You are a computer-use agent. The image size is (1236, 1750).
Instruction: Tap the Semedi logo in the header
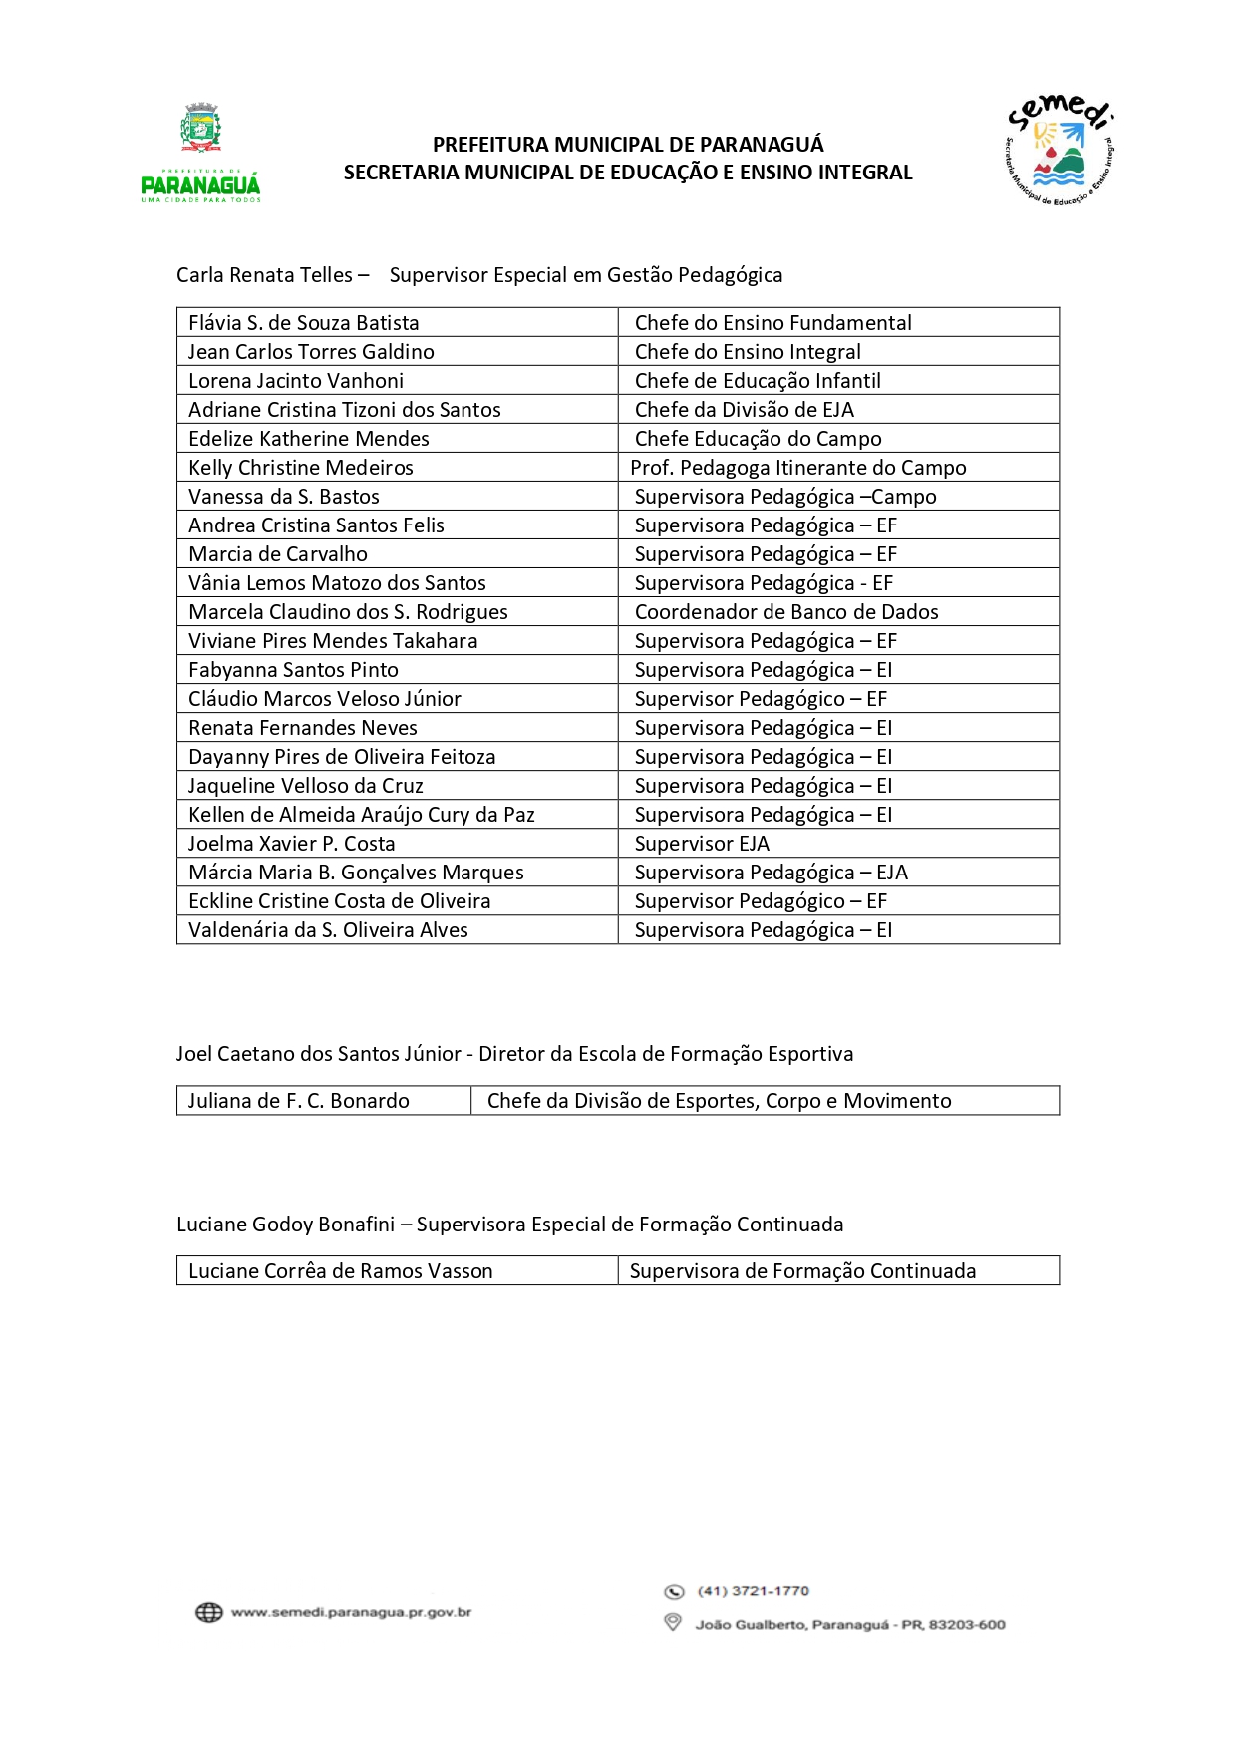[1060, 151]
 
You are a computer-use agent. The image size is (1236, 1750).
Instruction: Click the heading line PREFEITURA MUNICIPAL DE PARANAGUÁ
[628, 145]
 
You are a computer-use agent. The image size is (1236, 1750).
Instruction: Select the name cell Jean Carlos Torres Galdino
[311, 352]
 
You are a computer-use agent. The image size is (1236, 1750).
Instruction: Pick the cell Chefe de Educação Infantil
[758, 381]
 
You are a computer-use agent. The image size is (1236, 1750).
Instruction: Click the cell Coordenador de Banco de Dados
[786, 612]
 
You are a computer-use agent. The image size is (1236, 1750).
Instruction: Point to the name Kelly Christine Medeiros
[301, 468]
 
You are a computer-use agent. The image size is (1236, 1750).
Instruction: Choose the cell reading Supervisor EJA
[702, 844]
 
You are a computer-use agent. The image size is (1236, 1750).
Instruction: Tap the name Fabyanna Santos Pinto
[293, 670]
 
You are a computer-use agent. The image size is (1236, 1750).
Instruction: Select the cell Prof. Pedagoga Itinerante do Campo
[798, 468]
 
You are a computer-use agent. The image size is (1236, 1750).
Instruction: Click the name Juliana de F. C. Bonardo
[299, 1101]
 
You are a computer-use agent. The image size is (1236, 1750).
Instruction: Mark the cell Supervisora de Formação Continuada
[802, 1271]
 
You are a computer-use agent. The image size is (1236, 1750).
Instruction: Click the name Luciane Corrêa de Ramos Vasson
[341, 1271]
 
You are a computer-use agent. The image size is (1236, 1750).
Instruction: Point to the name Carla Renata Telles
[264, 275]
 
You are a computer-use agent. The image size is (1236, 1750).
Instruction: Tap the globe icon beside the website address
[209, 1612]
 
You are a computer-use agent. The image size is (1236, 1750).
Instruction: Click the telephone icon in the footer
[674, 1591]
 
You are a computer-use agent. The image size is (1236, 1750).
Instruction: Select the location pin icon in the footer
[673, 1623]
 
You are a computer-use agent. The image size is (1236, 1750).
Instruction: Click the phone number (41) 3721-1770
[754, 1591]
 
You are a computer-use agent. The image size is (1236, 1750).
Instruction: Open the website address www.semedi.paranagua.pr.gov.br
[351, 1612]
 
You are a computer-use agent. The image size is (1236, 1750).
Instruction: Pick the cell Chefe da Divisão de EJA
[745, 410]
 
